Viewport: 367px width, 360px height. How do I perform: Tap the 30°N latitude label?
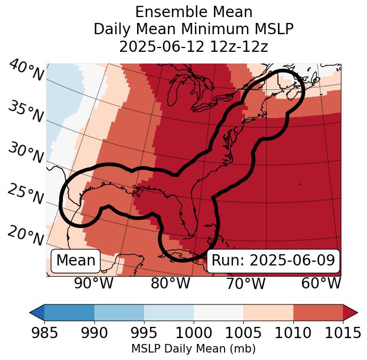click(26, 153)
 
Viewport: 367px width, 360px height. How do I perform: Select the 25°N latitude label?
click(26, 194)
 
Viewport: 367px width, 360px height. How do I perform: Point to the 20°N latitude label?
click(26, 235)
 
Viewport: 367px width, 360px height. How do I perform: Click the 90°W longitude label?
click(94, 284)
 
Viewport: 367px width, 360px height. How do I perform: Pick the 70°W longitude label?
click(245, 284)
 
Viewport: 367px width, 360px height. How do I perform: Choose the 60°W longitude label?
click(321, 284)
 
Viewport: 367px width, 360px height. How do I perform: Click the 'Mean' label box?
click(76, 261)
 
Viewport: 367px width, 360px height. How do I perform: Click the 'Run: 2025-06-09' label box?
click(273, 261)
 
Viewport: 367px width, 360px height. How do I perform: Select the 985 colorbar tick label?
click(44, 333)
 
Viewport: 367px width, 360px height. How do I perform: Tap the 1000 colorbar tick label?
click(194, 333)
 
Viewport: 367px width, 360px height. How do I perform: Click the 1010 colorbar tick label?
click(293, 333)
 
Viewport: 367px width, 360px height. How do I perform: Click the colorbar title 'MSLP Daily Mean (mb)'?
click(193, 349)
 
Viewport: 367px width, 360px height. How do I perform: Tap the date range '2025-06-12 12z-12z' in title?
click(193, 46)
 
